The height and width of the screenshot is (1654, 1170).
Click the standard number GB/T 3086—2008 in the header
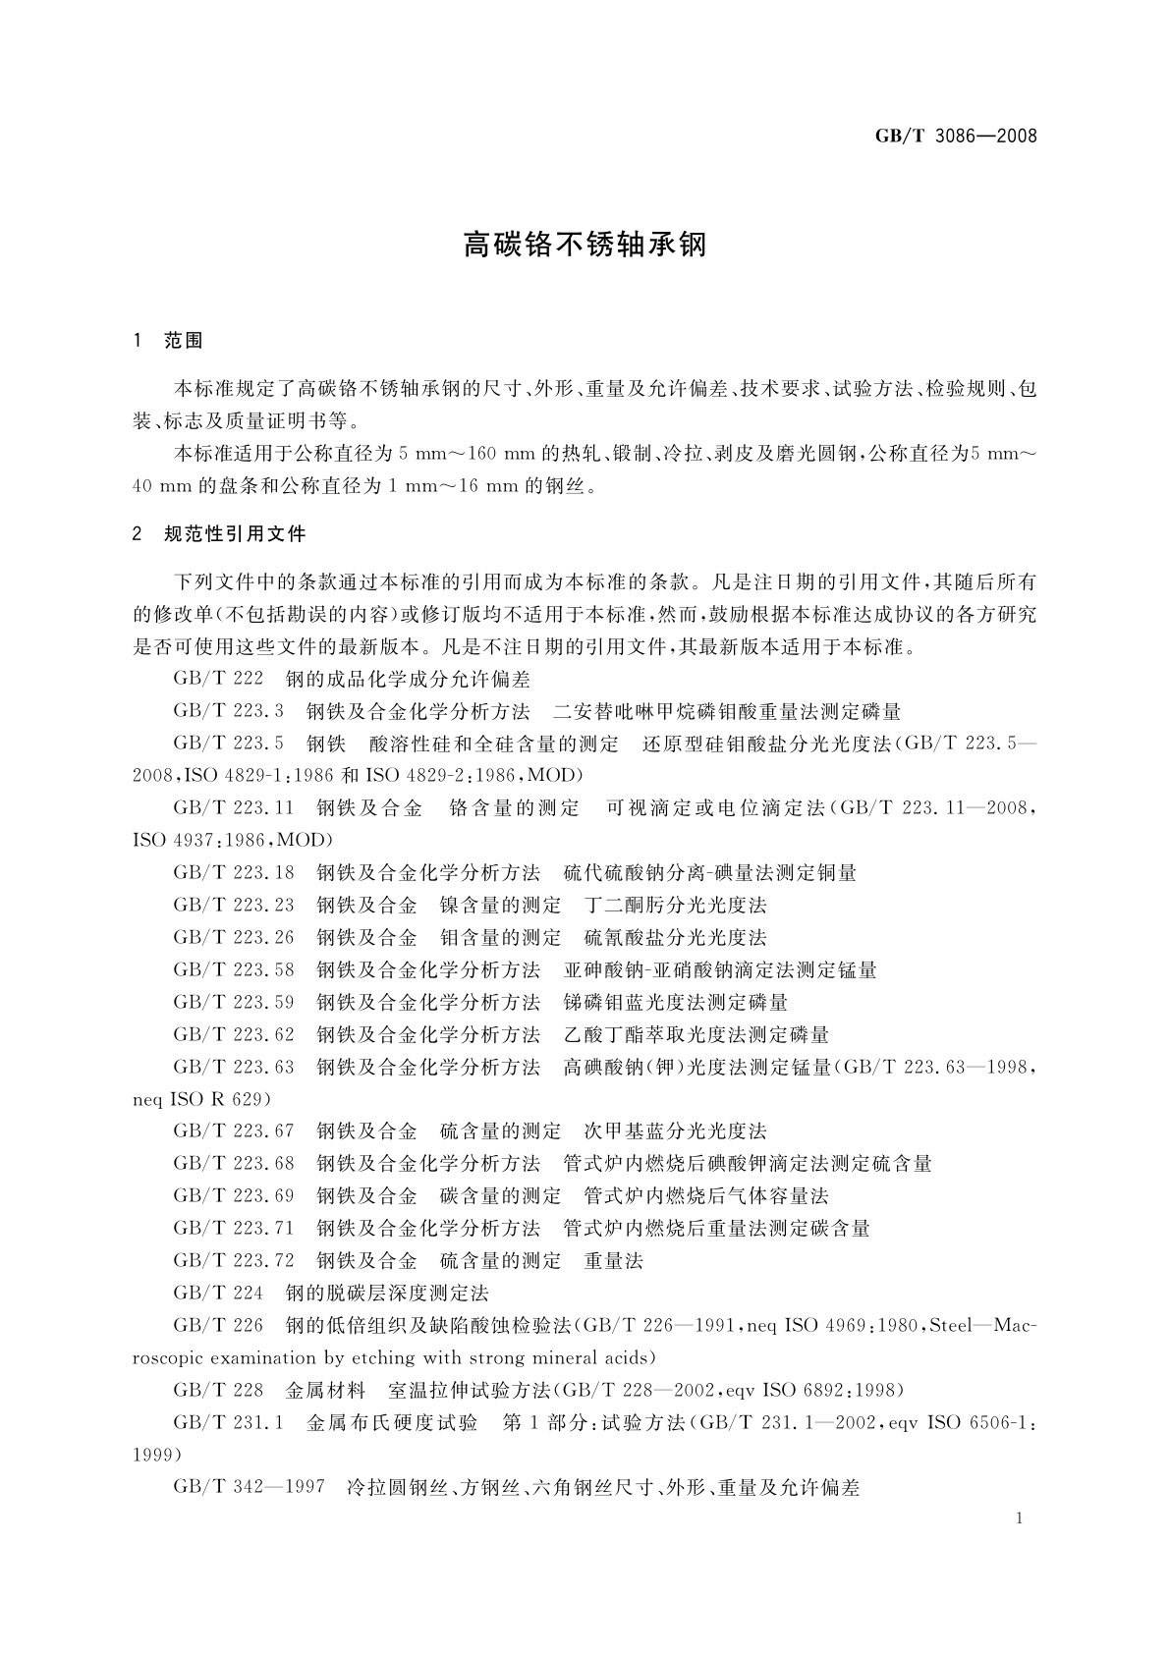point(955,137)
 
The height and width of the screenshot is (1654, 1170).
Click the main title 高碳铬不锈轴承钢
point(585,245)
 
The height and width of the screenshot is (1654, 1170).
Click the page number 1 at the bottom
point(1020,1518)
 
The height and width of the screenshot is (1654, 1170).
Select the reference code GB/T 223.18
point(234,872)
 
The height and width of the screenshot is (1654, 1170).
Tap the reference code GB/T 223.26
point(234,937)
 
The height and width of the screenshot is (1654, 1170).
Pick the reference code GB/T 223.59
point(234,1002)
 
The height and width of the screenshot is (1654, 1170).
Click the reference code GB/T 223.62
point(234,1034)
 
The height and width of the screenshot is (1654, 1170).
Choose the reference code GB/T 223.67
point(234,1130)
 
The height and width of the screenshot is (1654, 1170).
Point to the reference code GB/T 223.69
point(234,1195)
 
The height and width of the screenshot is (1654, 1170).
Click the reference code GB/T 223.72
point(234,1260)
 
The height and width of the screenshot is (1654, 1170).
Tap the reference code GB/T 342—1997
point(249,1487)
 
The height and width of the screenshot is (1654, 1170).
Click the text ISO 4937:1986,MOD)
point(233,841)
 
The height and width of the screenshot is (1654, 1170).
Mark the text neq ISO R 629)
point(201,1098)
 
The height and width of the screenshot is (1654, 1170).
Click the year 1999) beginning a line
point(156,1455)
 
